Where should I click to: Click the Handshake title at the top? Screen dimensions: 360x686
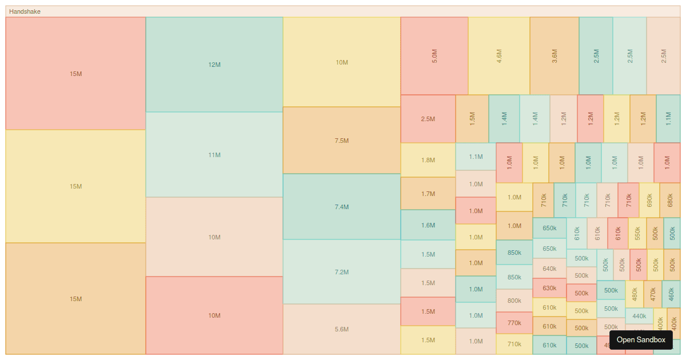point(25,11)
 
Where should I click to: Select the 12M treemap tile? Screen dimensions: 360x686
point(214,65)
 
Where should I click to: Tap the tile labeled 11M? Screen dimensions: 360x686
point(214,155)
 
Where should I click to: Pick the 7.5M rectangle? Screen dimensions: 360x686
point(342,141)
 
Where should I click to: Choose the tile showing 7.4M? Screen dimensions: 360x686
point(342,207)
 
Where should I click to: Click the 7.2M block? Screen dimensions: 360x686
point(342,272)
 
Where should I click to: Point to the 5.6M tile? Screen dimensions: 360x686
point(342,329)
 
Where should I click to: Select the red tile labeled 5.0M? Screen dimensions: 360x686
point(434,55)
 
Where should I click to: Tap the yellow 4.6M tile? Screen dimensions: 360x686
point(499,55)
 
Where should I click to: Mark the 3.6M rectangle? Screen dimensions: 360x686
point(555,55)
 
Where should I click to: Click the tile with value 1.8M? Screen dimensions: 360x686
point(428,160)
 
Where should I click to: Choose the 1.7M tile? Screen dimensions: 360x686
point(428,194)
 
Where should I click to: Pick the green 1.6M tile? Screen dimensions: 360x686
point(428,225)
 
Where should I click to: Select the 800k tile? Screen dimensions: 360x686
point(514,301)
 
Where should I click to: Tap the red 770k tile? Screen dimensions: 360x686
point(514,323)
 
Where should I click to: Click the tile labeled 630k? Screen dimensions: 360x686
point(549,288)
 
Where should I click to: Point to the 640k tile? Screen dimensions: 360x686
point(549,269)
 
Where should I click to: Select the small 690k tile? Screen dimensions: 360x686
point(649,200)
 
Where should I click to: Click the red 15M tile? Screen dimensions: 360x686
point(75,74)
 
